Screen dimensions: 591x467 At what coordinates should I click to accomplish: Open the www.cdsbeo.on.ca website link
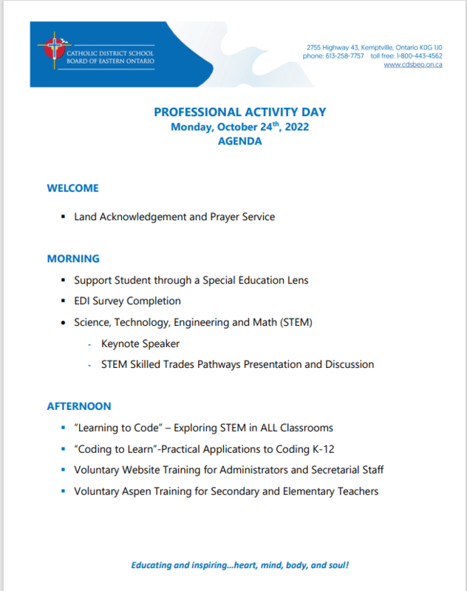tap(413, 65)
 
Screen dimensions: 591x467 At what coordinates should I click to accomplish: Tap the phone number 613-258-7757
tap(346, 56)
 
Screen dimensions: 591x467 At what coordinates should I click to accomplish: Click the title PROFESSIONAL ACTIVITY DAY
tap(239, 112)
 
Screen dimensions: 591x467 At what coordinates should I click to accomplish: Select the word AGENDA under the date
tap(239, 141)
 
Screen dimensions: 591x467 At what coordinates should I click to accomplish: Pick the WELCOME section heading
tap(72, 188)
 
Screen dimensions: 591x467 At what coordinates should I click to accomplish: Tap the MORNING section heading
tap(73, 259)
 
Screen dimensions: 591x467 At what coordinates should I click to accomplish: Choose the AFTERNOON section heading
tap(79, 406)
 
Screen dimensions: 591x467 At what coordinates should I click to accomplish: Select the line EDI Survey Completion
tap(127, 301)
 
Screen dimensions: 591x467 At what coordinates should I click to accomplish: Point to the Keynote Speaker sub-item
tap(140, 344)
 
